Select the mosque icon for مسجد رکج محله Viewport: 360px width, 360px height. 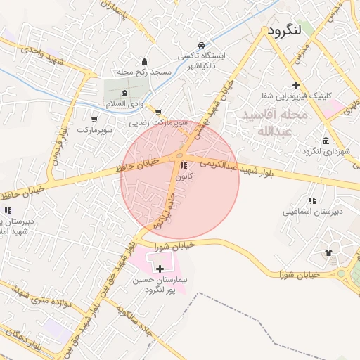(x=145, y=61)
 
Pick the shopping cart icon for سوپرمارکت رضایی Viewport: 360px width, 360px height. (x=158, y=111)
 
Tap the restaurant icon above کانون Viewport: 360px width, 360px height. (x=184, y=166)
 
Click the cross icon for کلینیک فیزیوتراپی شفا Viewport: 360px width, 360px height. (x=296, y=84)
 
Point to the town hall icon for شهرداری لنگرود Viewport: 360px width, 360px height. (x=326, y=140)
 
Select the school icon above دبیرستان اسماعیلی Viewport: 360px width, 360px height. (x=312, y=200)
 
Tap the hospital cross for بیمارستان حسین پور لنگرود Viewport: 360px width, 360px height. (x=160, y=268)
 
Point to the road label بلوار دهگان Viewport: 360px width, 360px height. (x=20, y=340)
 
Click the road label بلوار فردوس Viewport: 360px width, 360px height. (x=58, y=141)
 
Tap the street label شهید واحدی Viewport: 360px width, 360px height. (x=41, y=55)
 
